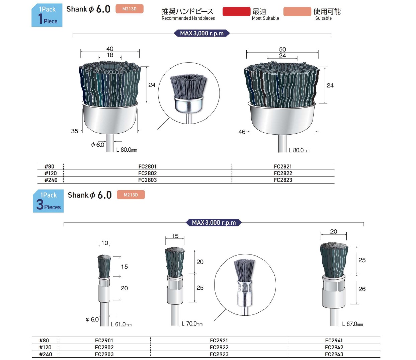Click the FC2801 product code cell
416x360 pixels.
tap(147, 166)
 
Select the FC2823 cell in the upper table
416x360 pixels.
tap(283, 180)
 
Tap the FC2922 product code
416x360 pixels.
tap(219, 347)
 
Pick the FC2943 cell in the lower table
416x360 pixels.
tap(334, 354)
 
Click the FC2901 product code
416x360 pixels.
tap(104, 341)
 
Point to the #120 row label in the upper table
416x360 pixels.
tap(51, 173)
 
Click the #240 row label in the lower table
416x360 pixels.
tap(46, 354)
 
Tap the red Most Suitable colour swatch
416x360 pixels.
tap(236, 11)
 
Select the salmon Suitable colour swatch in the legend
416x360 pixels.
tap(297, 11)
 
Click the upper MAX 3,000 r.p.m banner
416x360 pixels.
tap(202, 33)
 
